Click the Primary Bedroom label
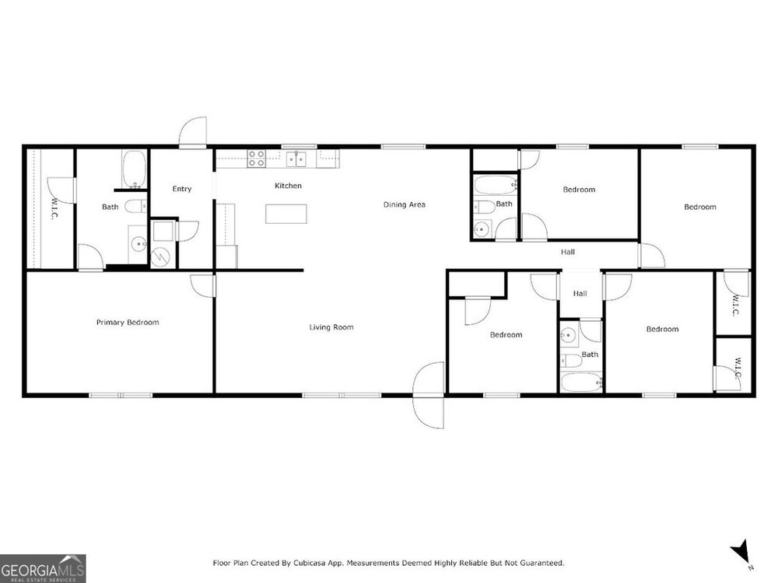(128, 323)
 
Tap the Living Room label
(331, 327)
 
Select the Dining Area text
(405, 204)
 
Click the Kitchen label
(289, 186)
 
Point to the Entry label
(182, 189)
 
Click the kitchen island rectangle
(286, 214)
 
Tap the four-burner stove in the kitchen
(257, 159)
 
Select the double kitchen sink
(296, 159)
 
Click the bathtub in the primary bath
(134, 169)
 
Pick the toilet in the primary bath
(135, 206)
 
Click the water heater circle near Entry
(160, 257)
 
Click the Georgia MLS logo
(43, 568)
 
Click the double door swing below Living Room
(429, 395)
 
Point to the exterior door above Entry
(192, 132)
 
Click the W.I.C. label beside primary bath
(54, 208)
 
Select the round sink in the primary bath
(138, 244)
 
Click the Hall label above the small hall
(568, 252)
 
